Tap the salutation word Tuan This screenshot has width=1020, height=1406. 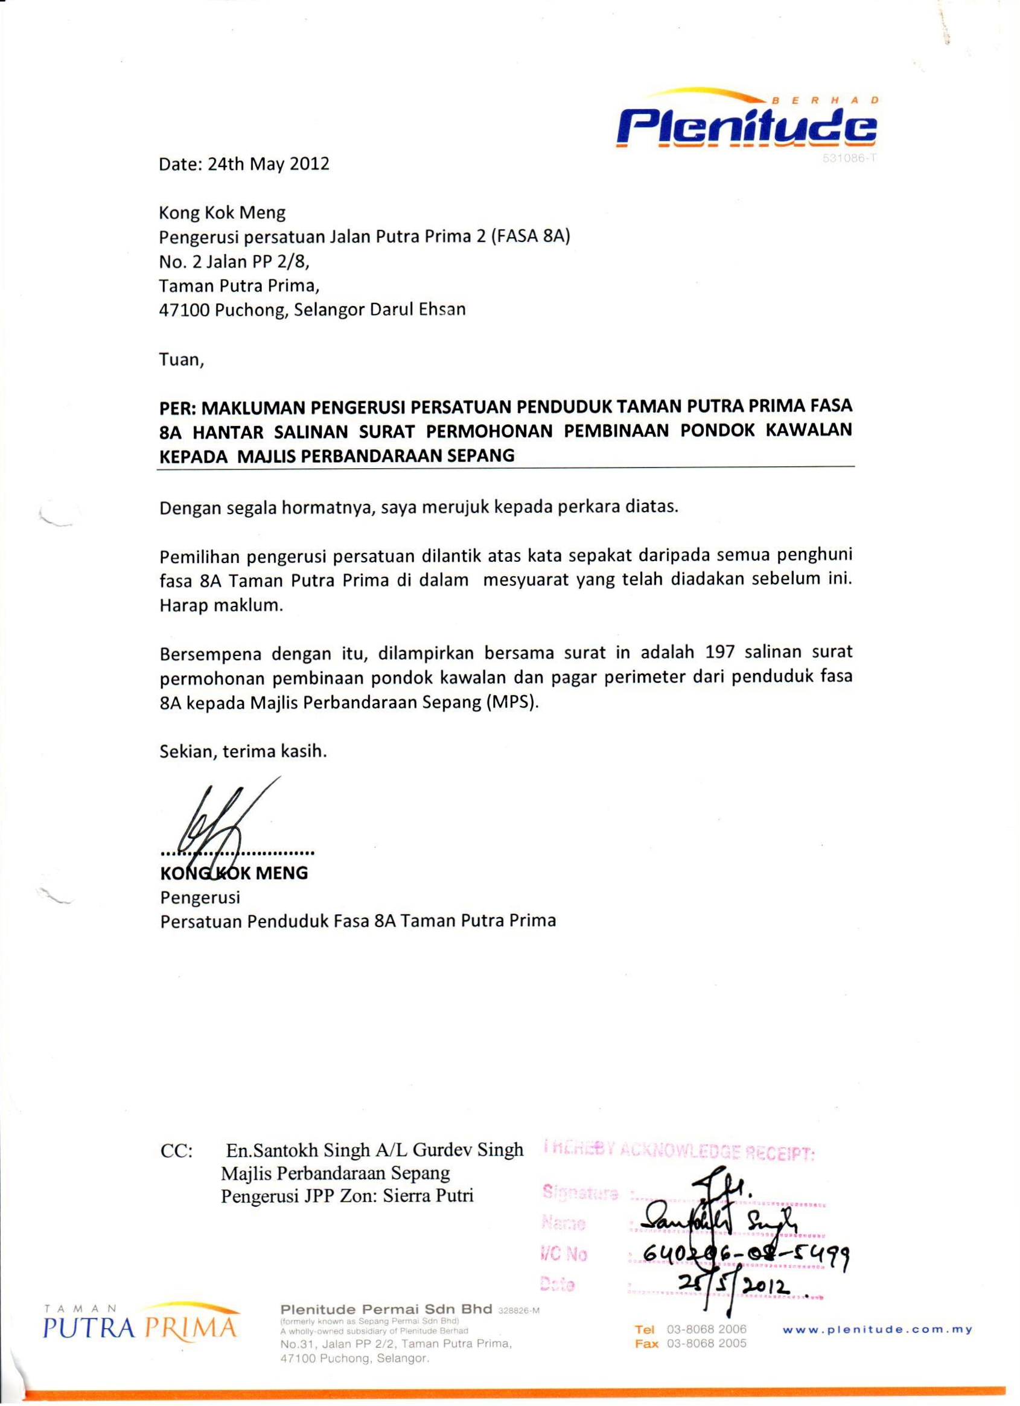[180, 360]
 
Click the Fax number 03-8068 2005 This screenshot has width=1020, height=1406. [706, 1343]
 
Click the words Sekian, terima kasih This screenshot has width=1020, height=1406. [243, 752]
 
